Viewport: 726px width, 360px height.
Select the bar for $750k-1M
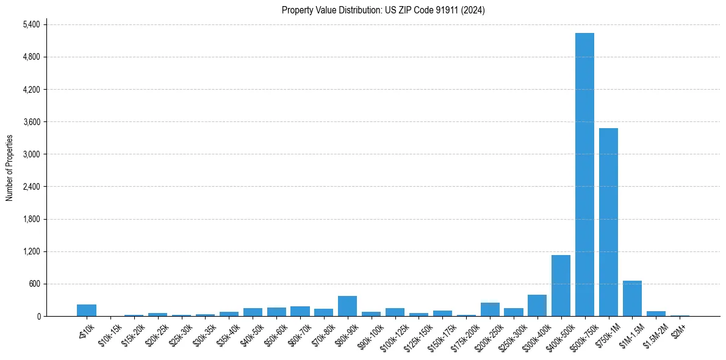click(608, 222)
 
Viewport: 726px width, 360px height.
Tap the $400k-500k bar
click(561, 286)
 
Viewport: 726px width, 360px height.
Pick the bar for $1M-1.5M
click(632, 298)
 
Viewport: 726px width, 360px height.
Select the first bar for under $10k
click(87, 310)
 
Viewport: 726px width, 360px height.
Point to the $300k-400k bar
click(537, 306)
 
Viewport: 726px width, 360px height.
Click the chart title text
click(383, 10)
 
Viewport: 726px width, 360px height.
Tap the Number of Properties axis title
click(9, 167)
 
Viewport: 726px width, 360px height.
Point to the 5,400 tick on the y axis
click(31, 24)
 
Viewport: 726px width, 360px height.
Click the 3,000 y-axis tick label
click(31, 154)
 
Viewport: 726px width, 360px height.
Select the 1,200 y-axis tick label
click(31, 251)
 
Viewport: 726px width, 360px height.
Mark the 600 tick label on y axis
click(34, 284)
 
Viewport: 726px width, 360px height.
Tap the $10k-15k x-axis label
click(110, 334)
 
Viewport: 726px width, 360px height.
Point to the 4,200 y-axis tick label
click(31, 90)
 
